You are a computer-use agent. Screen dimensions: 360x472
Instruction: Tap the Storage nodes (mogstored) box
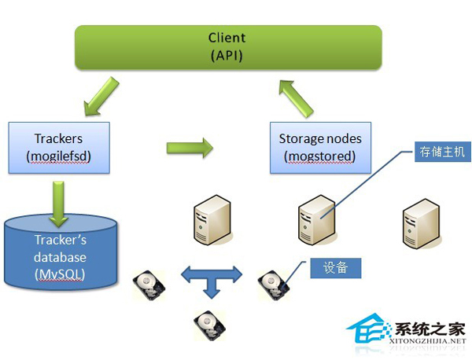tap(320, 147)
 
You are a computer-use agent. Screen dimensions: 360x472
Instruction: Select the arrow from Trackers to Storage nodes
tap(190, 147)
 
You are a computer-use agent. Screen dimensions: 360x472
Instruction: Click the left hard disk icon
tap(149, 285)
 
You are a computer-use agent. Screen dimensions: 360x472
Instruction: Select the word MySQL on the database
tap(60, 273)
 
